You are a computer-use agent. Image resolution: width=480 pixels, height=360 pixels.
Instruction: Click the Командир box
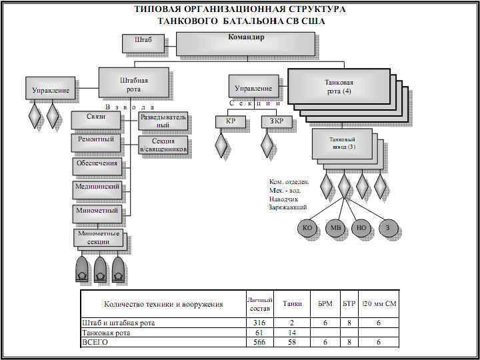point(245,43)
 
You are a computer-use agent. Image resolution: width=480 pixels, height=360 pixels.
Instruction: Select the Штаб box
point(138,43)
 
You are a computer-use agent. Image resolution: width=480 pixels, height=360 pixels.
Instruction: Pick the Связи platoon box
point(97,119)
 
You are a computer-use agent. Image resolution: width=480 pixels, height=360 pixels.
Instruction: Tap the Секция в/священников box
point(163,145)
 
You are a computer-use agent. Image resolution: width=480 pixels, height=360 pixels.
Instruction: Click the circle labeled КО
point(307,228)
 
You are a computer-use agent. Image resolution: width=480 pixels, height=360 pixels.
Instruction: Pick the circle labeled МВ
point(335,228)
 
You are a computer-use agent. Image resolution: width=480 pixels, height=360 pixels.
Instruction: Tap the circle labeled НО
point(362,228)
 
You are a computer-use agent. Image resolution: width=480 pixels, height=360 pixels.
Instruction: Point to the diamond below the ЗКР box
point(267,145)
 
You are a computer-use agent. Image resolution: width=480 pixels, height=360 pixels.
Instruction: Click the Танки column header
point(292,304)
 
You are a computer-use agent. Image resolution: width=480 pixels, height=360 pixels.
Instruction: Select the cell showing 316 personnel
point(259,323)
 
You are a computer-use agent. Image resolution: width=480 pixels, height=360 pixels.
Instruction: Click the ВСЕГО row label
point(95,342)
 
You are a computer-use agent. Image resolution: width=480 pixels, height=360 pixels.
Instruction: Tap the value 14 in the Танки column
point(292,333)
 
